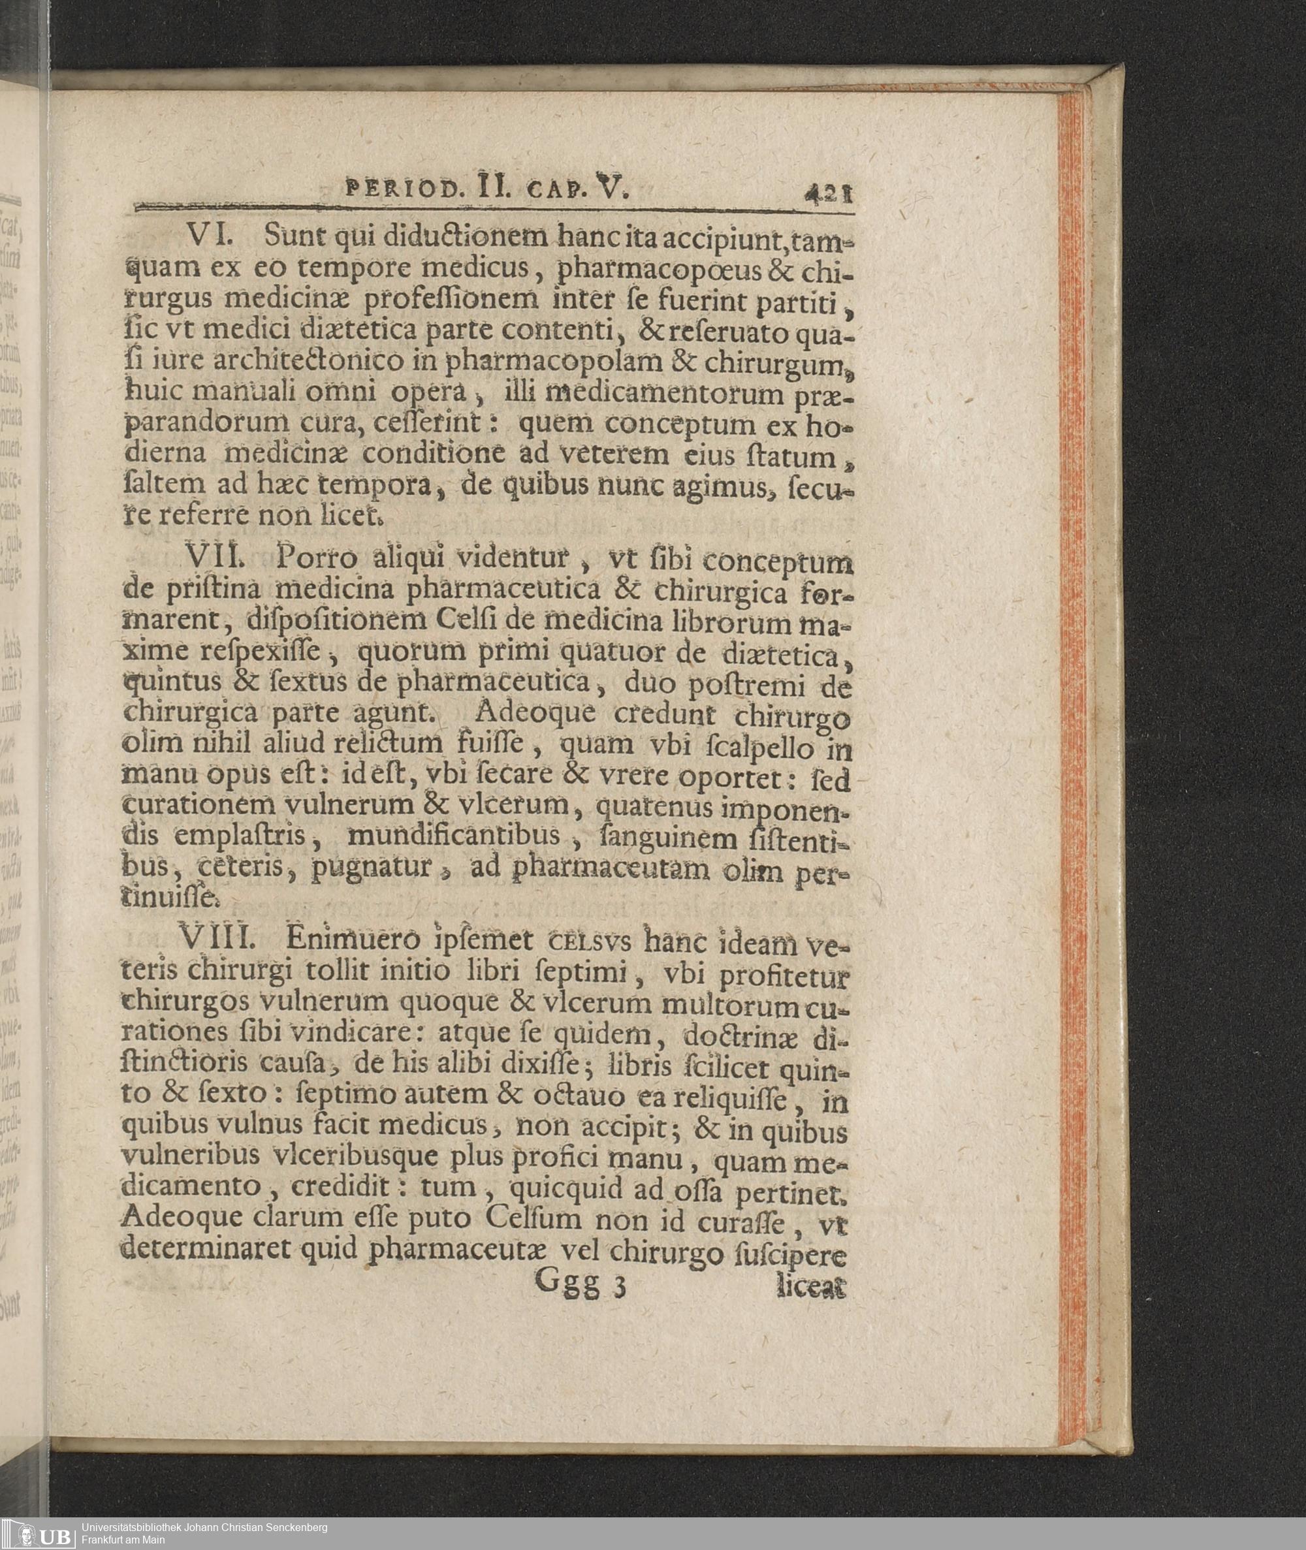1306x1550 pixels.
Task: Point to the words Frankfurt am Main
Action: [123, 1540]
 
